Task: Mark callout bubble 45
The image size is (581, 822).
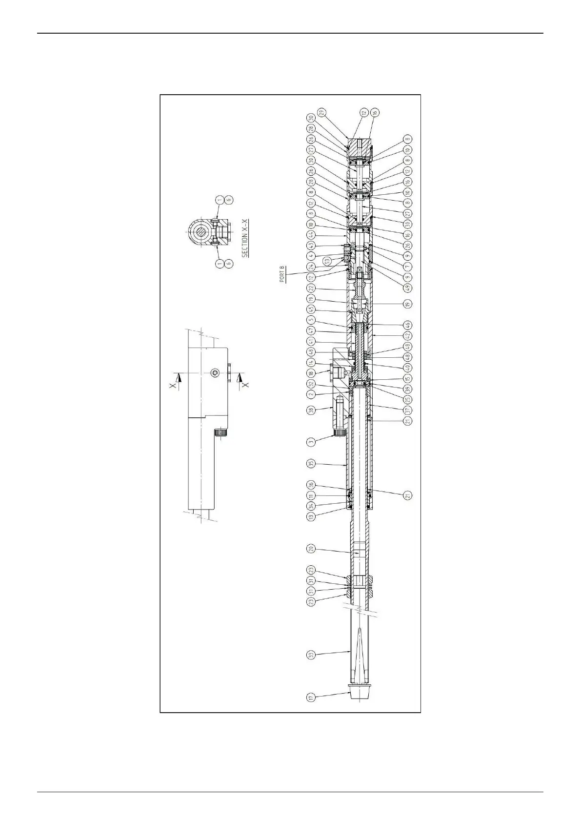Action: pyautogui.click(x=311, y=309)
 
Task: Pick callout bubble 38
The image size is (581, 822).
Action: pyautogui.click(x=311, y=411)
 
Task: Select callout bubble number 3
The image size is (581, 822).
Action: pyautogui.click(x=311, y=442)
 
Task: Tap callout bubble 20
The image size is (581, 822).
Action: pyautogui.click(x=311, y=549)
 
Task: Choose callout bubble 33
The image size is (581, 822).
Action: pyautogui.click(x=311, y=655)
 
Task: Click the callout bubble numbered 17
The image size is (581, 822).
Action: pyautogui.click(x=311, y=698)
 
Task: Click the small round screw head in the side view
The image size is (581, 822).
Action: pyautogui.click(x=215, y=373)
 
